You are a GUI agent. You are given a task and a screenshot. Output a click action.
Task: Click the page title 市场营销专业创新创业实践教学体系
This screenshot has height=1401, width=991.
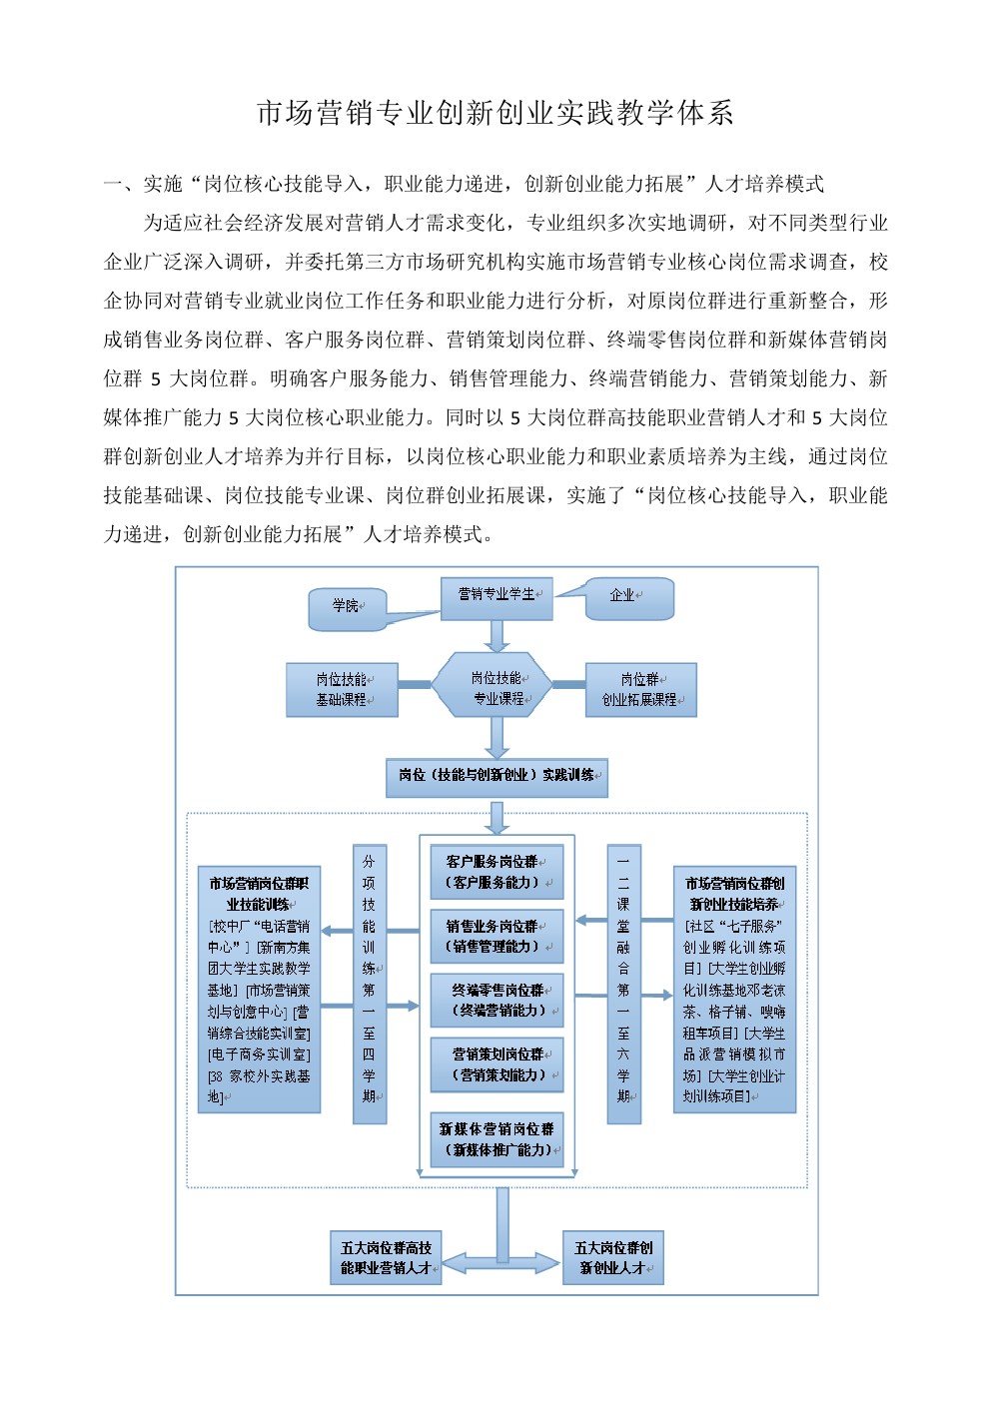pyautogui.click(x=495, y=113)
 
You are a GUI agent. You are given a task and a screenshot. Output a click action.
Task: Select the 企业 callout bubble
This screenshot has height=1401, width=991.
pyautogui.click(x=629, y=598)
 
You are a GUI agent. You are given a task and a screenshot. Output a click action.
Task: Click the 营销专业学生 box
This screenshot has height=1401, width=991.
pyautogui.click(x=496, y=598)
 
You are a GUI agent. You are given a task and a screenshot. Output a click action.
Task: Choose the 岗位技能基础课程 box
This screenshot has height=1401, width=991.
pyautogui.click(x=342, y=690)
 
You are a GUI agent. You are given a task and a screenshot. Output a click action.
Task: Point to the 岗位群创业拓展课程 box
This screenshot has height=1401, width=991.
pyautogui.click(x=640, y=690)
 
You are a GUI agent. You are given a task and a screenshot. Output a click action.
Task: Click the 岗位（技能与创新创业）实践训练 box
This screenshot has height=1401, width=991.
pyautogui.click(x=496, y=778)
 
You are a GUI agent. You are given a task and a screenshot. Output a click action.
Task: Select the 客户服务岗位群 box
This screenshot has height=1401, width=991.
pyautogui.click(x=496, y=872)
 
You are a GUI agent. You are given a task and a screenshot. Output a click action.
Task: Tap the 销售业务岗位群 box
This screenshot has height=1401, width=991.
pyautogui.click(x=496, y=937)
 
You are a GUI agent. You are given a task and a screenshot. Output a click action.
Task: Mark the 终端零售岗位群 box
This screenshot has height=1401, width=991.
pyautogui.click(x=496, y=1001)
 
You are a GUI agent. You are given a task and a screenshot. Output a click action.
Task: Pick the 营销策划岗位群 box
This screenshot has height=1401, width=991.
pyautogui.click(x=496, y=1064)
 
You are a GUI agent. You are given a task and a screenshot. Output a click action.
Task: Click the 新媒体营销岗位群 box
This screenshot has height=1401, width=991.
pyautogui.click(x=496, y=1139)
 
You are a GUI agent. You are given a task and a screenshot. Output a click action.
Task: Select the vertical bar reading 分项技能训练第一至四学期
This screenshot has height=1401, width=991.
pyautogui.click(x=369, y=984)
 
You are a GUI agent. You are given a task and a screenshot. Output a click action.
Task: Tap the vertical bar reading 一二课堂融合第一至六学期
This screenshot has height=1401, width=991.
pyautogui.click(x=623, y=984)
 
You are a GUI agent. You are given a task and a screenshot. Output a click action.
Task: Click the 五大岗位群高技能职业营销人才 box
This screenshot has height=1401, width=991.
pyautogui.click(x=386, y=1258)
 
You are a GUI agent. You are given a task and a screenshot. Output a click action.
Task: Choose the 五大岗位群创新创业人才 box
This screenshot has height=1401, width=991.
pyautogui.click(x=613, y=1258)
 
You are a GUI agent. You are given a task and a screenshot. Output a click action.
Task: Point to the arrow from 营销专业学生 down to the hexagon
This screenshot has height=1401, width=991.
pyautogui.click(x=496, y=637)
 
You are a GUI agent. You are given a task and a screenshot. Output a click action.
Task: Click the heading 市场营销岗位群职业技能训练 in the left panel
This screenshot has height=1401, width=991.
pyautogui.click(x=259, y=894)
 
